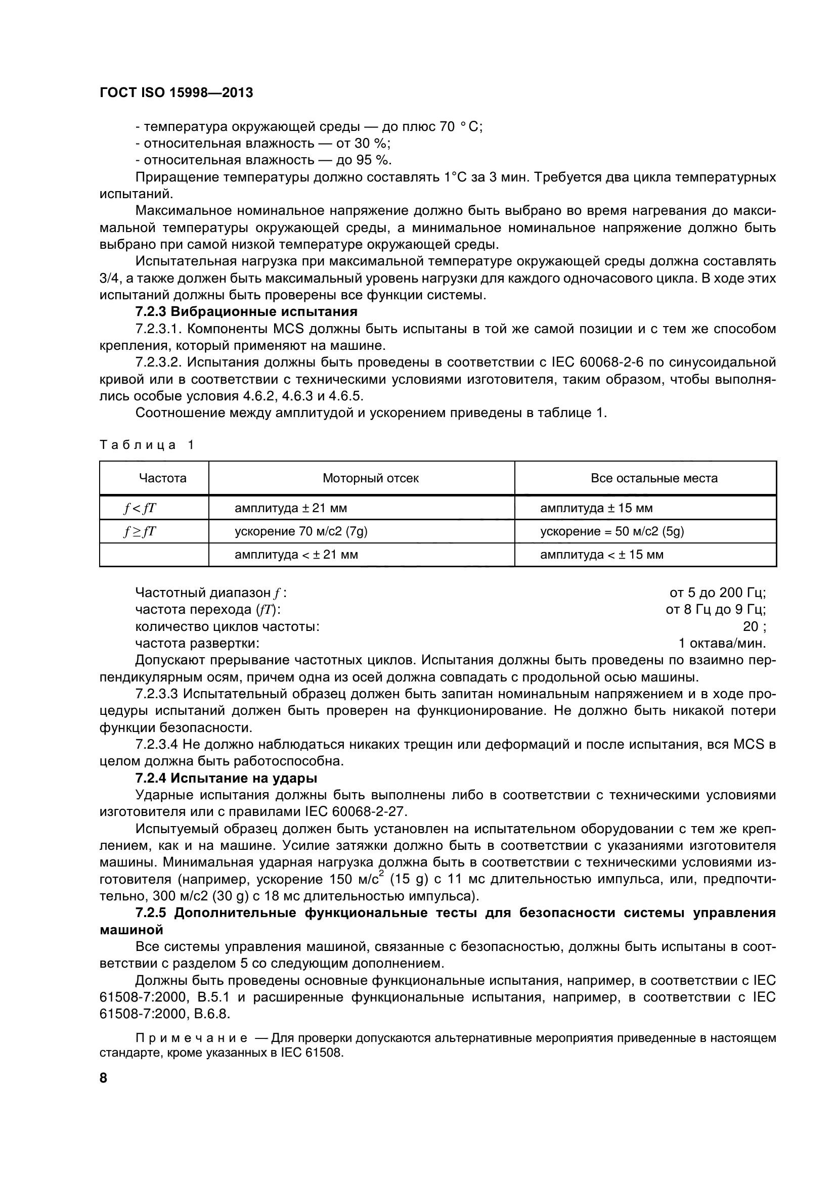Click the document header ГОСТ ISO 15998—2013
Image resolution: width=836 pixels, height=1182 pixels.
point(176,93)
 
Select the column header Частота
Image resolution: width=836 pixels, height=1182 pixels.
point(163,478)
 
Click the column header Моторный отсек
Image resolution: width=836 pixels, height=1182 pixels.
point(370,478)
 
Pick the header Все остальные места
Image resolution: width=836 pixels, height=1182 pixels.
point(653,478)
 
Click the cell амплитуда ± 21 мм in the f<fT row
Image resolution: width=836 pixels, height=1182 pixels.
point(290,508)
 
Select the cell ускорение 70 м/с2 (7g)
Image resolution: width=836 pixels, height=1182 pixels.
point(301,531)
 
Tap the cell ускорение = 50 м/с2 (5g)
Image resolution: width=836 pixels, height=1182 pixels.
point(611,531)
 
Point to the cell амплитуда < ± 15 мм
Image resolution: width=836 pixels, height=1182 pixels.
point(601,555)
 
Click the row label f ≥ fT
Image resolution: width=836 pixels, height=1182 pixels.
point(140,531)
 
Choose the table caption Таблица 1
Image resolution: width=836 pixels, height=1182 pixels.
point(147,445)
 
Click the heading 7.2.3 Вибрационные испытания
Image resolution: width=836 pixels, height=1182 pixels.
point(246,311)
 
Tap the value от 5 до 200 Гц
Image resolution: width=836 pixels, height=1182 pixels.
point(718,593)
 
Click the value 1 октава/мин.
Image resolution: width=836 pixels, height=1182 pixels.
point(722,644)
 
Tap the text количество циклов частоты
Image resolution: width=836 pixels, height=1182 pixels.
point(227,626)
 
